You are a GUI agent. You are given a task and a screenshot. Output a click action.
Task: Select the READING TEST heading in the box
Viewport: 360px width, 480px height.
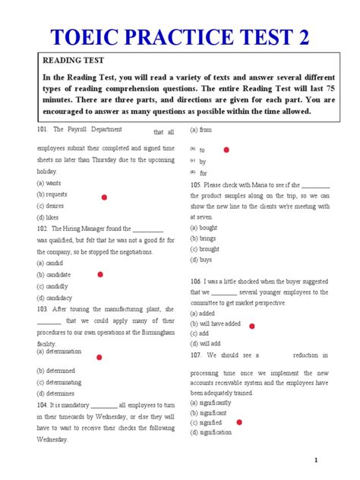(x=73, y=61)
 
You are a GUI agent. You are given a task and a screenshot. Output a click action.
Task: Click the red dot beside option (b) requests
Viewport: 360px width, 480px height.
(x=104, y=197)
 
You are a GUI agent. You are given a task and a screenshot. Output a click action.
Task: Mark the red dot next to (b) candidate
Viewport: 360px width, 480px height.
(x=100, y=274)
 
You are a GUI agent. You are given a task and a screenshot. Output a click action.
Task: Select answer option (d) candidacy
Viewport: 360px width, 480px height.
(x=54, y=298)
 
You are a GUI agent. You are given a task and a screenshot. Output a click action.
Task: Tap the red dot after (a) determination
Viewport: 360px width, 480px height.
(x=99, y=357)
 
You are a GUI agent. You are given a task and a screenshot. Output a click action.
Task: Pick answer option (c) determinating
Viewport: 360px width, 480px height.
(x=58, y=382)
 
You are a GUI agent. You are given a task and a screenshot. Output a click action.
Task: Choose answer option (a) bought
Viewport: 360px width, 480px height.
(x=204, y=227)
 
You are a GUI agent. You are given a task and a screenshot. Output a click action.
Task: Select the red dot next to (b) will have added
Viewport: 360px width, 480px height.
(x=251, y=325)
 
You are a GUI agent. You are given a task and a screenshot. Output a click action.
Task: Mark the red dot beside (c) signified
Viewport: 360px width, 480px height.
(x=240, y=422)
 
